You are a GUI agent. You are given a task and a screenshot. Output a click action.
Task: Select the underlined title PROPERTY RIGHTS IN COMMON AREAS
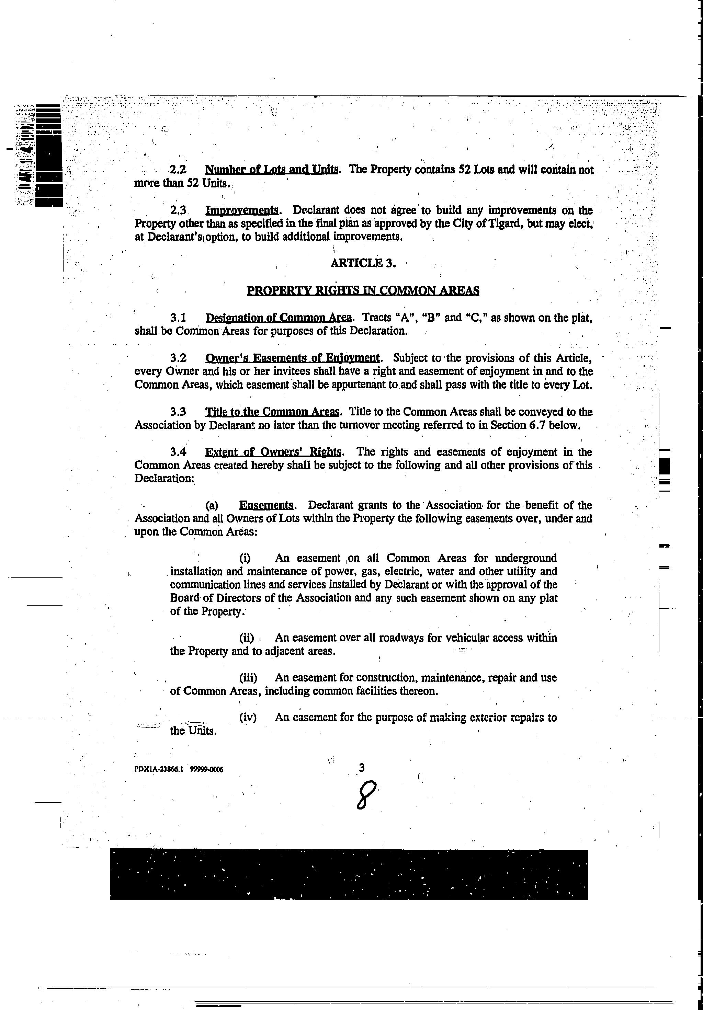coord(363,291)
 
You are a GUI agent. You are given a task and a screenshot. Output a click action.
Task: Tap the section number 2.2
coord(178,170)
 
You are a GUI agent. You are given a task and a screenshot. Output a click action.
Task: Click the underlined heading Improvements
coord(242,210)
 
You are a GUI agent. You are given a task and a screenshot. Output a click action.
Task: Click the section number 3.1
coord(178,318)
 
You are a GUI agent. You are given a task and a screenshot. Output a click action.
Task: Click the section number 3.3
coord(178,412)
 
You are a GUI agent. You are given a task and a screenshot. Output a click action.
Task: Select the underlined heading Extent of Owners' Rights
coord(273,452)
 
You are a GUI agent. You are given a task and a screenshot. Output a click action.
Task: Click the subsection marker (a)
coord(212,505)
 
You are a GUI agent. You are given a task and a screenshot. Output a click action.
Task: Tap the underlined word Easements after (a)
coord(266,505)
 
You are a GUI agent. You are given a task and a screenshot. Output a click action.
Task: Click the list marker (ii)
coord(246,638)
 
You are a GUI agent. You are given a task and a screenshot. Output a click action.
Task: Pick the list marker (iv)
coord(248,718)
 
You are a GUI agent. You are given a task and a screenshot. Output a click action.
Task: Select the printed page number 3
coord(362,768)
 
